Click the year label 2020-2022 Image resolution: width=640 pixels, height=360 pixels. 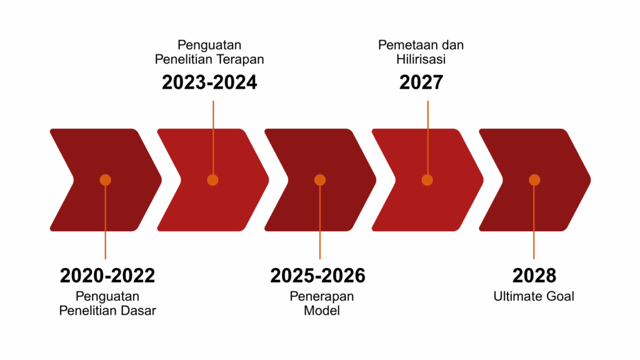coord(107,276)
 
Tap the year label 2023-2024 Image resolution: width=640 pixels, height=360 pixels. coord(209,82)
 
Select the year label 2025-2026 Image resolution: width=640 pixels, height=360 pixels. coord(317,276)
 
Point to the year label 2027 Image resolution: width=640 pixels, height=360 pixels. coord(421,82)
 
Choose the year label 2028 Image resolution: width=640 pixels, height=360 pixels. coord(534,276)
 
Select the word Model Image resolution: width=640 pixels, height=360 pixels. coord(322,311)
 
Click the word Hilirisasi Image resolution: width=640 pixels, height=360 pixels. coord(421,59)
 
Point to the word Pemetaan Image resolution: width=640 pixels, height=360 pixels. coord(405,45)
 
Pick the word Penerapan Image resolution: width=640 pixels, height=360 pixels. coord(322,297)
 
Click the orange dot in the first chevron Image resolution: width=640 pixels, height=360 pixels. coord(105,180)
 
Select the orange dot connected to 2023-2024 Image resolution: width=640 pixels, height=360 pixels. coord(212,180)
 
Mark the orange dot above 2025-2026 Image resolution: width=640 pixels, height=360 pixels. coord(320,180)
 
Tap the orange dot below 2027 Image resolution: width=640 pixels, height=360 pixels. coord(427,180)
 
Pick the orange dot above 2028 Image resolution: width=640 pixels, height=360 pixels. coord(535,180)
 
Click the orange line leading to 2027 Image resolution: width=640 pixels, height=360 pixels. coord(427,137)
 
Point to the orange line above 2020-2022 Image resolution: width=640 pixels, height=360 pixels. coord(105,222)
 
